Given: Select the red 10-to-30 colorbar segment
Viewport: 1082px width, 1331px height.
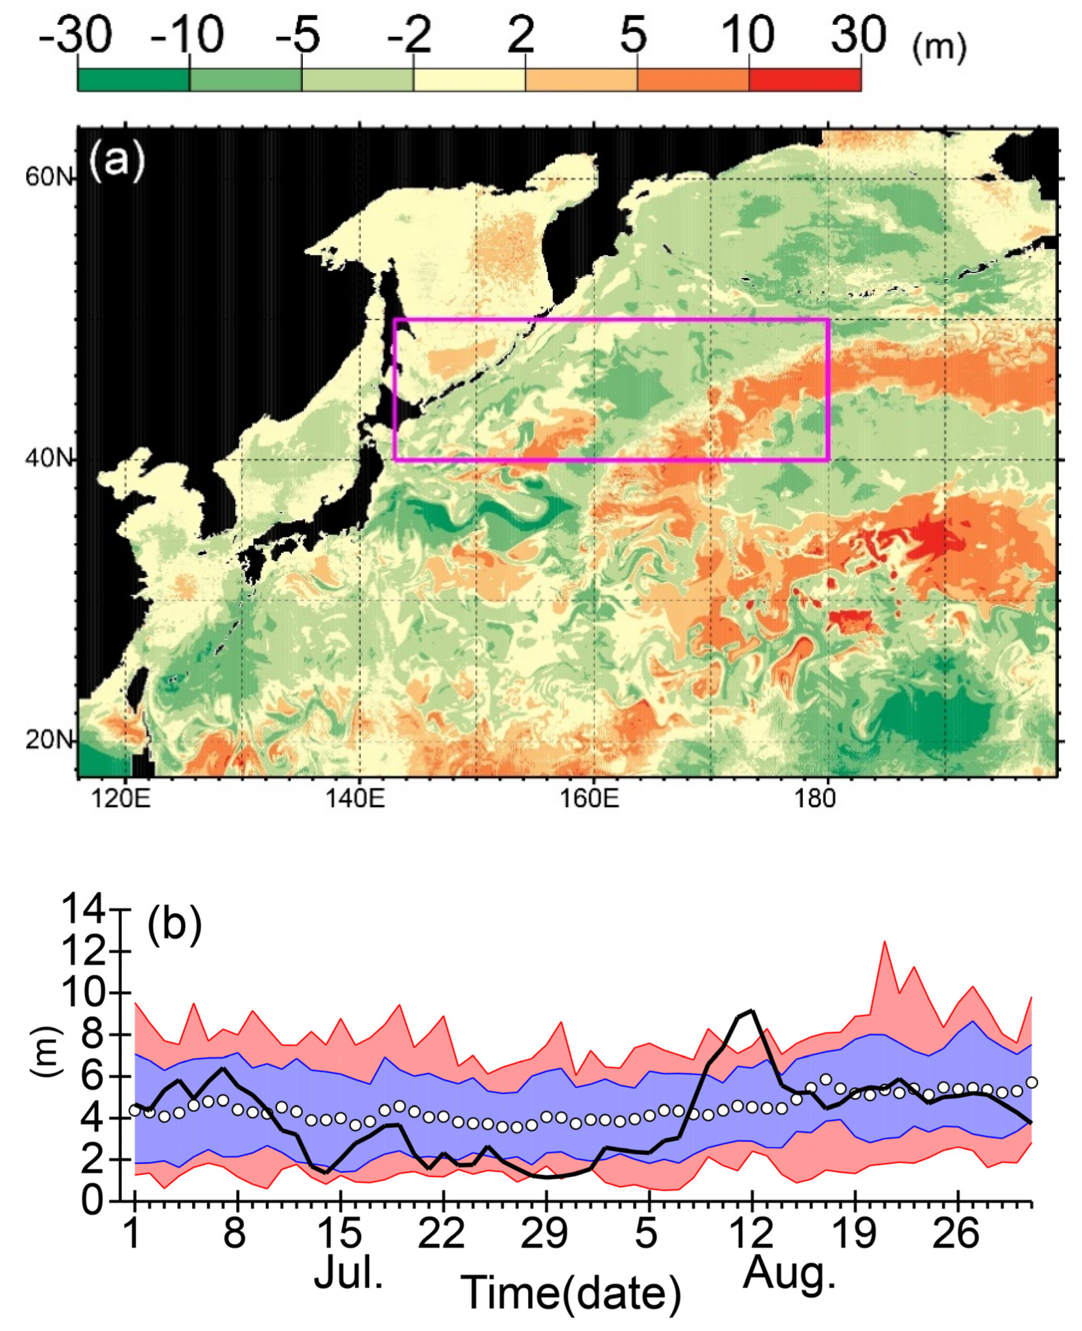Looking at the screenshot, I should (x=805, y=80).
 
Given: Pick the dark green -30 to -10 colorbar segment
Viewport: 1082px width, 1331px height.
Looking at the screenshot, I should (x=133, y=80).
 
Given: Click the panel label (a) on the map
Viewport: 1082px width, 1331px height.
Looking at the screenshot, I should (x=117, y=160).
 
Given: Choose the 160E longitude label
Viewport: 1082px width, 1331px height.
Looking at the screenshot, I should (x=590, y=798).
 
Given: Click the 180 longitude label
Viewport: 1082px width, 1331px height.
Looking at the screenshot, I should (x=815, y=798).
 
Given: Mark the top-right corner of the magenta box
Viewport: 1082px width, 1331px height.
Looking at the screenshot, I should (x=828, y=320).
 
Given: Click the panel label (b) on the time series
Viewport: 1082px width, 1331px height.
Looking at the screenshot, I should (x=175, y=924).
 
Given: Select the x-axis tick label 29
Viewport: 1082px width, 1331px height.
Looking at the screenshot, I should (x=545, y=1232).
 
